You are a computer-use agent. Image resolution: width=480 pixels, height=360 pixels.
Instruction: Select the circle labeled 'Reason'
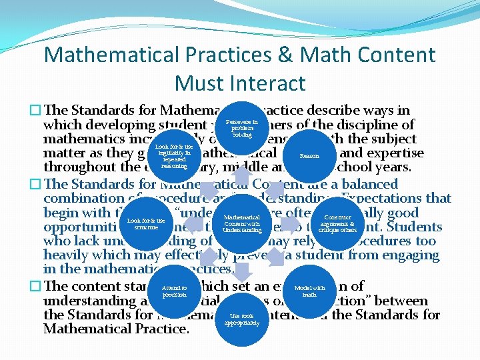coord(309,155)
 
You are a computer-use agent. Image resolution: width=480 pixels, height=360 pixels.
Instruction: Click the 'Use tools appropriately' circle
coord(241,319)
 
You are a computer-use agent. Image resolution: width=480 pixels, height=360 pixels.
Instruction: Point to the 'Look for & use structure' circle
coord(145,223)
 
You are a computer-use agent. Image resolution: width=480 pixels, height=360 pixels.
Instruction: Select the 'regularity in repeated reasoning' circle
coord(174,155)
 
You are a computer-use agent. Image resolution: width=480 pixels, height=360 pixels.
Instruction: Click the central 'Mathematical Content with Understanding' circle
coord(241,223)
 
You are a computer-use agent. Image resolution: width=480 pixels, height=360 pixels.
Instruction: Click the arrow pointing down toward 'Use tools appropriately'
coord(241,270)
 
